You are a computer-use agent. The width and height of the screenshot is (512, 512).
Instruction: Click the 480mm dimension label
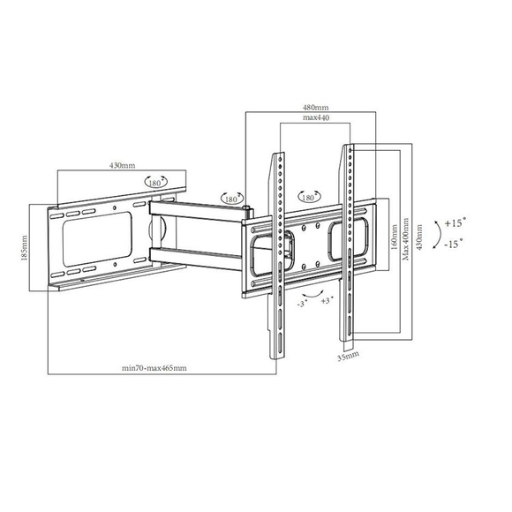coord(316,107)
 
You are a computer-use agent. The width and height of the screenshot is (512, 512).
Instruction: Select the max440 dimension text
coord(316,117)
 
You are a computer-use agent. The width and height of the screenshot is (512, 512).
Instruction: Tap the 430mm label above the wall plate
coord(122,166)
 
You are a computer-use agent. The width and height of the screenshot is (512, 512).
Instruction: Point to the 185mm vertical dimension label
coord(24,248)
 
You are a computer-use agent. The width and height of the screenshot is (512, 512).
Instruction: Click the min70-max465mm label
coord(154,368)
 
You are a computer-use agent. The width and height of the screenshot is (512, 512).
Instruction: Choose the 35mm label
coord(348,356)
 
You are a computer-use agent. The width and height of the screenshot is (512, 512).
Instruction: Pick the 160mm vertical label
coord(394,237)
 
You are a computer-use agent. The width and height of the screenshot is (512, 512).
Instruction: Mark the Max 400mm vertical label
coord(406,239)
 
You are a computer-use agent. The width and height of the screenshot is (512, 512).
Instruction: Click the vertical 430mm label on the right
coord(419,237)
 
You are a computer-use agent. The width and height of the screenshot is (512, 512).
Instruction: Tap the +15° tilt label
coord(456,223)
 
